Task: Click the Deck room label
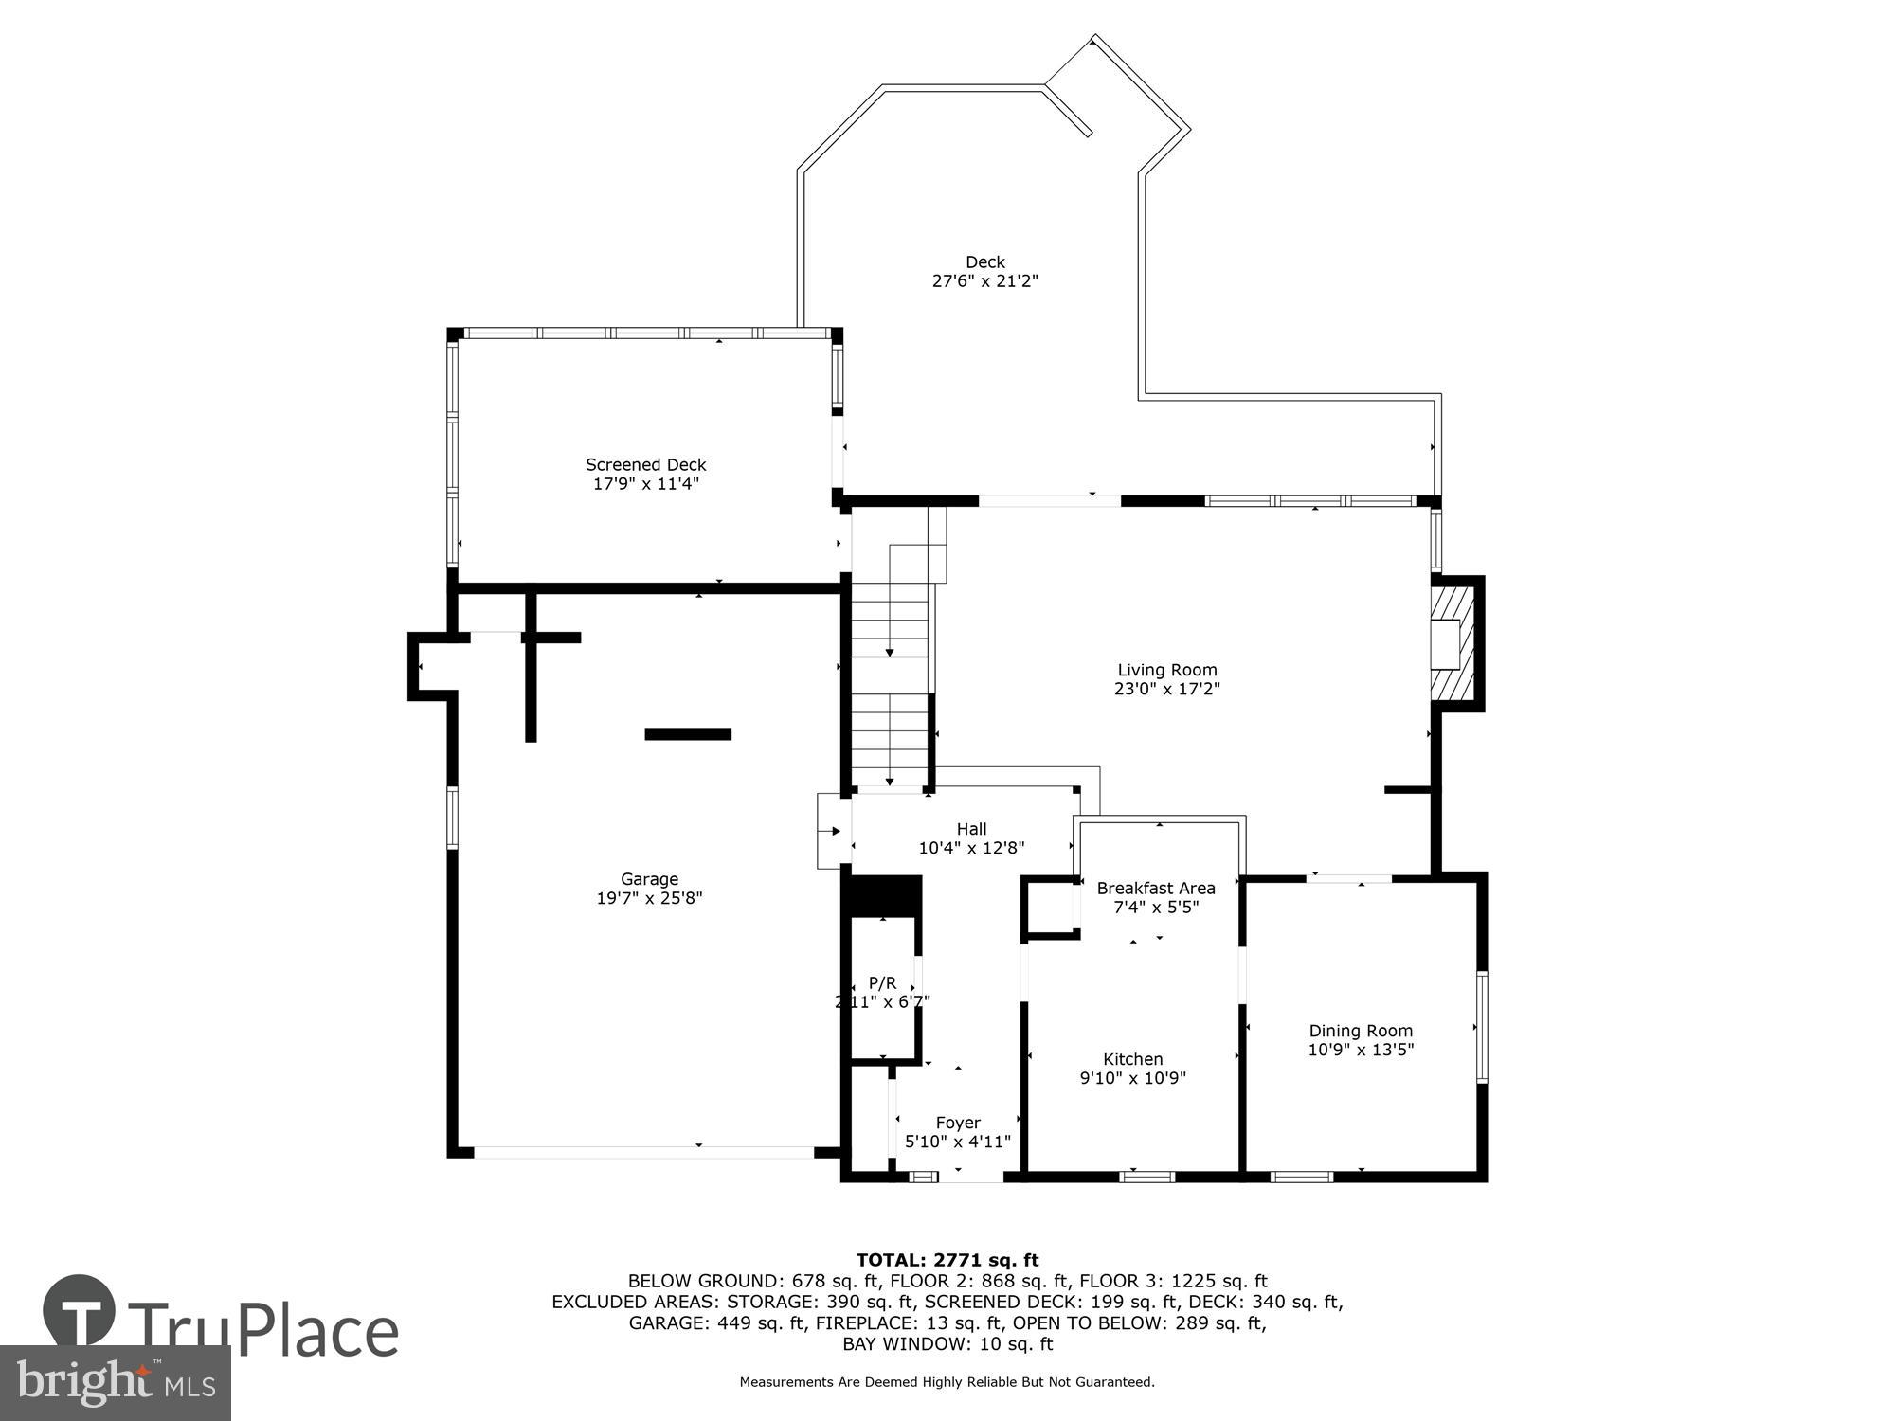point(984,261)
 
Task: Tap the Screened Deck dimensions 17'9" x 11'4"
point(645,484)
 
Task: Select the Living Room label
point(1166,670)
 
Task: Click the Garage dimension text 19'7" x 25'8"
point(649,898)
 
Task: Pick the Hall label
point(971,829)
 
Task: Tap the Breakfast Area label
point(1155,888)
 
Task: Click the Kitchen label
point(1132,1059)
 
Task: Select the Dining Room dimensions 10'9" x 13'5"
point(1361,1050)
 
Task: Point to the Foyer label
point(958,1123)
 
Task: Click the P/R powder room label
point(882,983)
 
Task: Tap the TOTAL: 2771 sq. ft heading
point(947,1260)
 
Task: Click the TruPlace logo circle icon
point(80,1311)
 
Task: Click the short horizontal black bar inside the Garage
point(688,734)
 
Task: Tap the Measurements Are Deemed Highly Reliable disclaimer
point(947,1382)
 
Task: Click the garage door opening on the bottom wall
point(644,1152)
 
